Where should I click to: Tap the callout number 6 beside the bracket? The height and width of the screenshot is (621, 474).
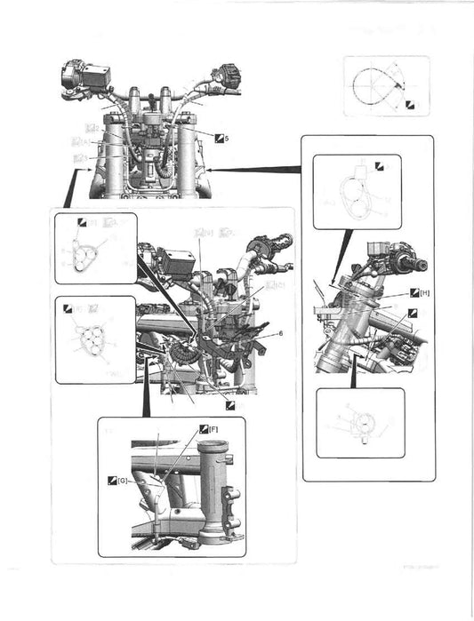point(280,332)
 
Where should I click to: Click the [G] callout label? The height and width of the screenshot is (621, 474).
point(123,481)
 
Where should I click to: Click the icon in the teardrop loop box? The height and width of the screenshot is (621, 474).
point(410,105)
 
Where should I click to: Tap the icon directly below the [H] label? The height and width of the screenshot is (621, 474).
point(410,314)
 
